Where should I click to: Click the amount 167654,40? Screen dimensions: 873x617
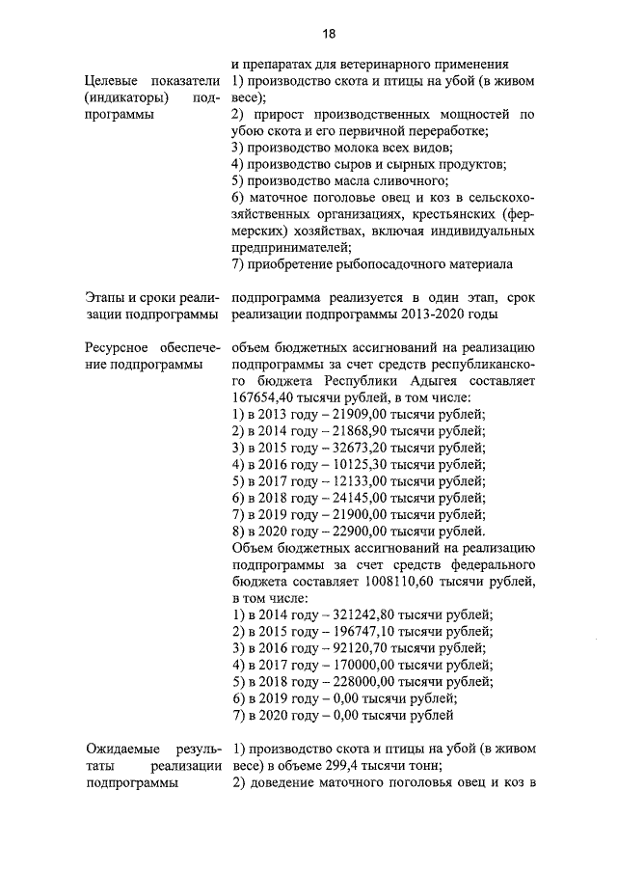269,397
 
